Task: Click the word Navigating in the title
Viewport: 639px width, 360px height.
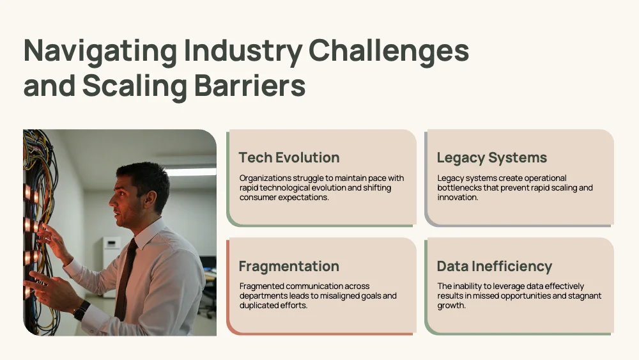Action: [x=100, y=51]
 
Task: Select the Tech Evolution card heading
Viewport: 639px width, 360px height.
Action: [x=289, y=157]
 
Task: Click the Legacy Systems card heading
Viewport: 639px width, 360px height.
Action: [x=492, y=158]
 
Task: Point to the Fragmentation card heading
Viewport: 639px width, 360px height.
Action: [x=289, y=266]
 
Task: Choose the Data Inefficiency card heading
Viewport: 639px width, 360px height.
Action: [x=495, y=266]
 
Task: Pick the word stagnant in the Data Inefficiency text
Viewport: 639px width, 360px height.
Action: [x=585, y=296]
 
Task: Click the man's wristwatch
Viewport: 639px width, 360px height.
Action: [x=82, y=310]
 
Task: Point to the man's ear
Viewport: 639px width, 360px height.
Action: [x=149, y=198]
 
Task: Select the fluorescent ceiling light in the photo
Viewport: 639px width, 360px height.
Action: [x=191, y=171]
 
